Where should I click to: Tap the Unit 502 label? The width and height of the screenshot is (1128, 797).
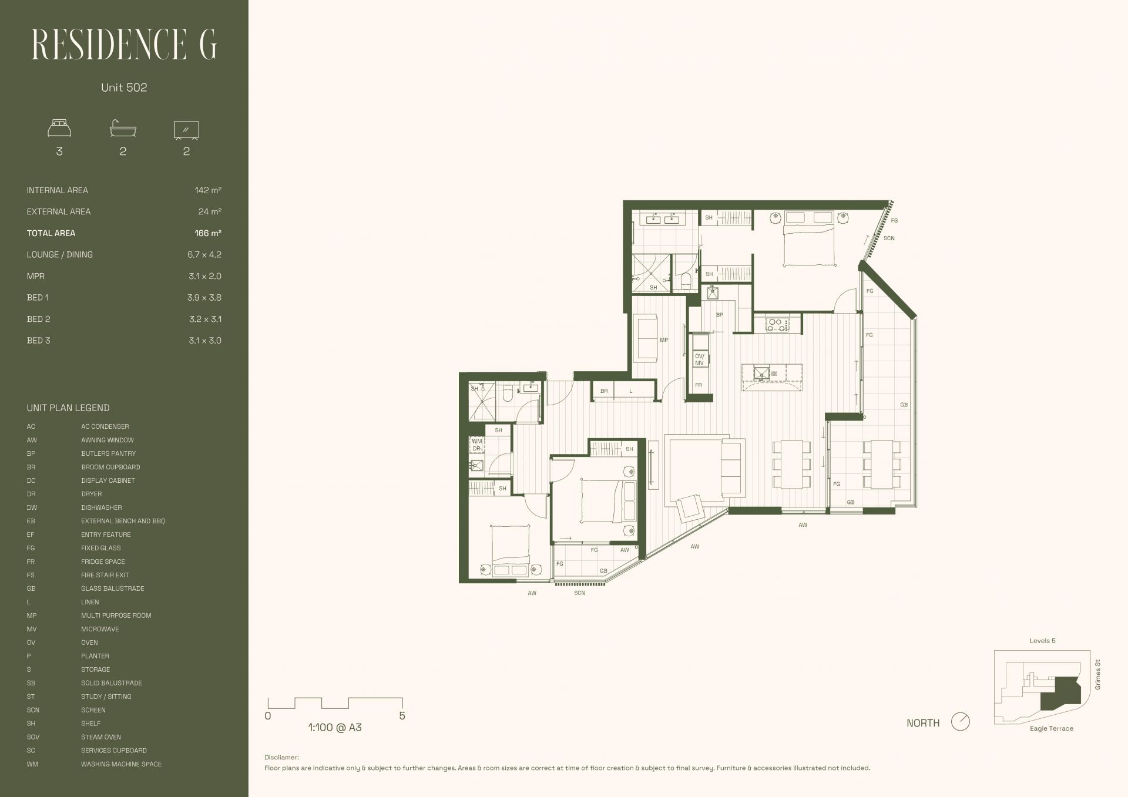[124, 88]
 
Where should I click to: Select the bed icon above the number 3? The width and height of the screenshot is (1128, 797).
[59, 129]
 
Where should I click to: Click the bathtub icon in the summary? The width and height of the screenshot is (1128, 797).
[123, 129]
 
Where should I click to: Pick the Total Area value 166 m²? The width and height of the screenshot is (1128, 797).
[208, 233]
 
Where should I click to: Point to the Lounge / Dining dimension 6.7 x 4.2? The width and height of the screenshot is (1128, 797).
[204, 255]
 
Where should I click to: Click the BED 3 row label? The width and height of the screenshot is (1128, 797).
[39, 341]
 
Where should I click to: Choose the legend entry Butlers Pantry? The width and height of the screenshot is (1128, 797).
[108, 453]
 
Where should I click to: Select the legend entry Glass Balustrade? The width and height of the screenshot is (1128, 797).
[112, 588]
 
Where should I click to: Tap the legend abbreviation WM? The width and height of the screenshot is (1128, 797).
[32, 764]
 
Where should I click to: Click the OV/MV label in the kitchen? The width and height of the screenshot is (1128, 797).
[699, 359]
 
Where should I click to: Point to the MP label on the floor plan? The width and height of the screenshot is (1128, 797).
[664, 340]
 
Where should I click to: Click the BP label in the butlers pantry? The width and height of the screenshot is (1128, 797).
[719, 315]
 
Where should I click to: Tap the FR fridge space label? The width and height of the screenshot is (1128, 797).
[699, 385]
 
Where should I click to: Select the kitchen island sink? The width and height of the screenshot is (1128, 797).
[761, 374]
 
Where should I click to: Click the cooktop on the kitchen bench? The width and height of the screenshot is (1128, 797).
[777, 324]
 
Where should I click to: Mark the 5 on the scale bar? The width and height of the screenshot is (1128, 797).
[402, 716]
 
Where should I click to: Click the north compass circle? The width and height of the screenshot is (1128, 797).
[960, 722]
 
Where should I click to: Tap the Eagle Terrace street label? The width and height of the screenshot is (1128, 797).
[1052, 729]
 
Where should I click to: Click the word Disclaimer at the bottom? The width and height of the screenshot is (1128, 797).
[281, 758]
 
